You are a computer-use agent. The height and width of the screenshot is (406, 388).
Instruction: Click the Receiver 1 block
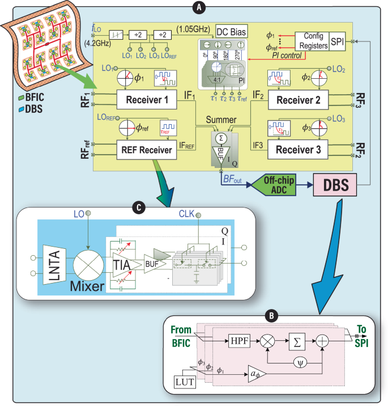147,100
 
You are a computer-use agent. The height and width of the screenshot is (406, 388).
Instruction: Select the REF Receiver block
147,150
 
